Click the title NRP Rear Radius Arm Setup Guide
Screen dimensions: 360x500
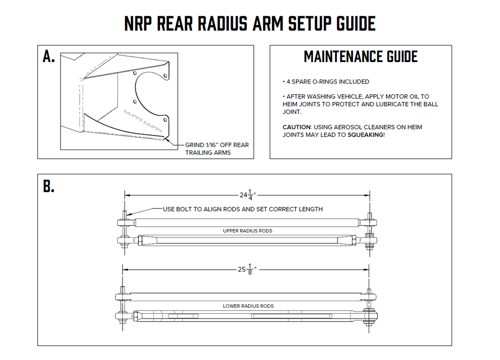(x=250, y=23)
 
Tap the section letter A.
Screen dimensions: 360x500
(x=49, y=57)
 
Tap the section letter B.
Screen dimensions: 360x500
(x=49, y=186)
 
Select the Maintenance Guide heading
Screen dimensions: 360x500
(x=360, y=57)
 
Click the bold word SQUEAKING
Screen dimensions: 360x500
(x=365, y=134)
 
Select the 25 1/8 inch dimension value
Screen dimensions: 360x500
(x=247, y=269)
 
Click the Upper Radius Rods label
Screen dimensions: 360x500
(x=248, y=231)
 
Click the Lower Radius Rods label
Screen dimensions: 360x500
(x=248, y=306)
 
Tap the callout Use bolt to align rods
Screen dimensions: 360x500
(x=242, y=209)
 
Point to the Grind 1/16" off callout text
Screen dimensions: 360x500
(x=217, y=148)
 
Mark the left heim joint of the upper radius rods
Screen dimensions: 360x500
(x=124, y=223)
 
